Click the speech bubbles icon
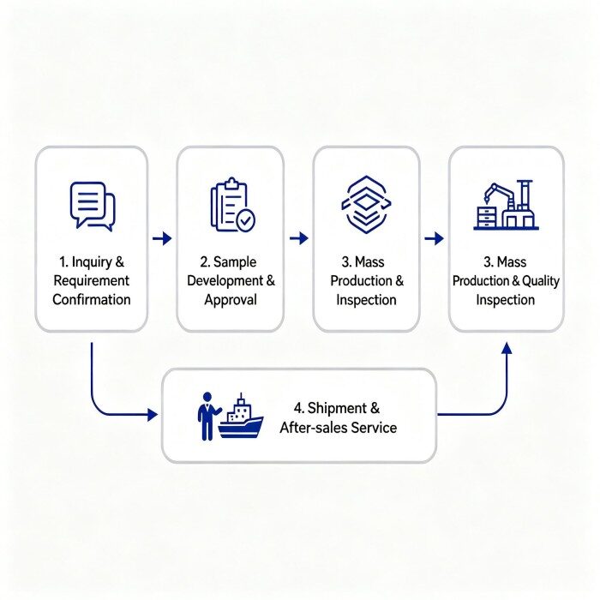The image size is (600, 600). (x=93, y=207)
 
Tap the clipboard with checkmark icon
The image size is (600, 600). (x=232, y=205)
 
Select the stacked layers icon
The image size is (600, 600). (x=366, y=204)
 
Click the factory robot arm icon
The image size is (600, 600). (x=506, y=205)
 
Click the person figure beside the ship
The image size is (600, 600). (x=207, y=416)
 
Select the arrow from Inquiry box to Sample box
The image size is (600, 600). (x=162, y=238)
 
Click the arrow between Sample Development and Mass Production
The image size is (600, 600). (x=299, y=238)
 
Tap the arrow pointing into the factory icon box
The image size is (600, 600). (x=435, y=238)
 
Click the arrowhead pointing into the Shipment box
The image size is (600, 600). (x=153, y=414)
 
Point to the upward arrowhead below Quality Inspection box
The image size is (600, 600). (x=507, y=348)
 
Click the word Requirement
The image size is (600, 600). (x=92, y=281)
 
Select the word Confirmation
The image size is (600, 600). (x=92, y=300)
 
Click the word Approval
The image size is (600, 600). (x=231, y=300)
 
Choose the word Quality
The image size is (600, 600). (x=541, y=281)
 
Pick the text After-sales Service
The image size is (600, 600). (x=339, y=428)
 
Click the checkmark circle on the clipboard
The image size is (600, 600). (x=245, y=220)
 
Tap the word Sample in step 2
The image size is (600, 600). (x=235, y=262)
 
